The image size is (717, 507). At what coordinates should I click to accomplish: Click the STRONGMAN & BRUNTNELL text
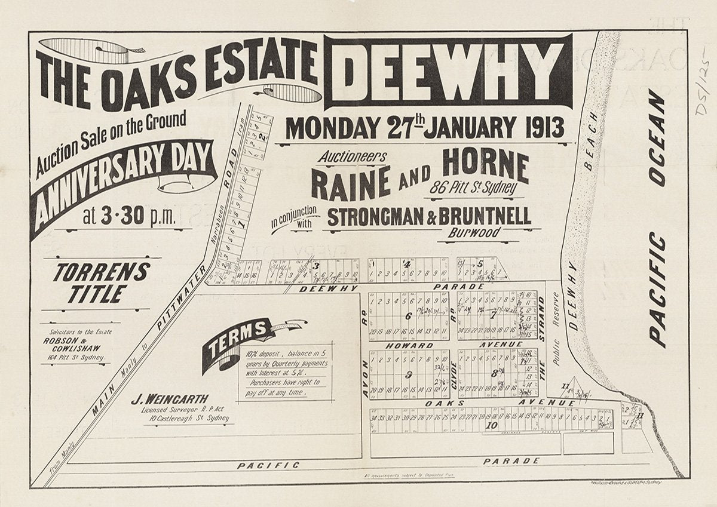[x=428, y=217]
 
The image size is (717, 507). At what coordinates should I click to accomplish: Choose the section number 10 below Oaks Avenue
[x=492, y=425]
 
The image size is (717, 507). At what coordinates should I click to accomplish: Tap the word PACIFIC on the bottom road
[x=268, y=465]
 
